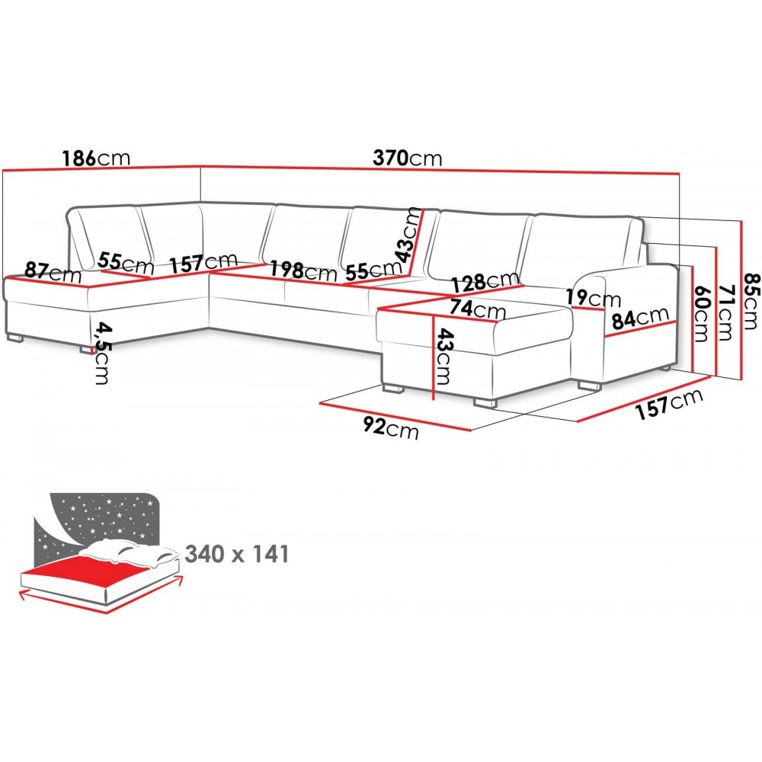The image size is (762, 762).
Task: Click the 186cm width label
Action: pos(97,158)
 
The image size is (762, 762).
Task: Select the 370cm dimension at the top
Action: pos(408,158)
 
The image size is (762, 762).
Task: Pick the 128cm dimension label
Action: pos(480,283)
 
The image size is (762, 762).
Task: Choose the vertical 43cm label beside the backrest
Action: pos(412,232)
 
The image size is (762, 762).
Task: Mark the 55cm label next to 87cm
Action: pos(126,264)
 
